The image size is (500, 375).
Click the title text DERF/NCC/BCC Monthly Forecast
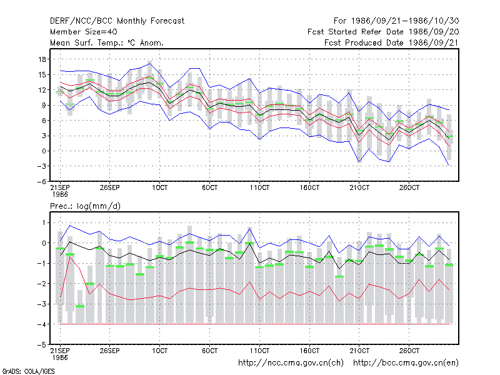click(117, 21)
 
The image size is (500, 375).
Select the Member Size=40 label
click(84, 32)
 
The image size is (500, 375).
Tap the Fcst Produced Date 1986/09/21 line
click(392, 42)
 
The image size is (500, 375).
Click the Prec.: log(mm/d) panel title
click(85, 206)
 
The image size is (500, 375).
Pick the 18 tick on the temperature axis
click(42, 59)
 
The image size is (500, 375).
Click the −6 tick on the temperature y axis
click(41, 181)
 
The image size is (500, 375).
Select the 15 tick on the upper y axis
click(42, 74)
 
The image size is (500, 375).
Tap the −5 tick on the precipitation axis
click(41, 345)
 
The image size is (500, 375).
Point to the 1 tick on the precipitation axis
click(44, 222)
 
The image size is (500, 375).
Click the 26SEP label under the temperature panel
click(110, 187)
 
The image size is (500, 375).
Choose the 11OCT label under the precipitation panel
click(259, 351)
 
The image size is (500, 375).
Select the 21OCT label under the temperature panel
click(359, 187)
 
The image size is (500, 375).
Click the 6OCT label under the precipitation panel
click(210, 351)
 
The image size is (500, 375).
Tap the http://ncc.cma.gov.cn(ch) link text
click(291, 363)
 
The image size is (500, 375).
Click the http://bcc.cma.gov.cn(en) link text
click(406, 363)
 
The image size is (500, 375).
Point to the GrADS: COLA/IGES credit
click(28, 371)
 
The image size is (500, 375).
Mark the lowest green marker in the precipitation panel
click(80, 306)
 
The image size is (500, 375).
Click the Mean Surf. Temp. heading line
click(107, 42)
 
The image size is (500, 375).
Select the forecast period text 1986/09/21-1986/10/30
click(405, 21)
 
